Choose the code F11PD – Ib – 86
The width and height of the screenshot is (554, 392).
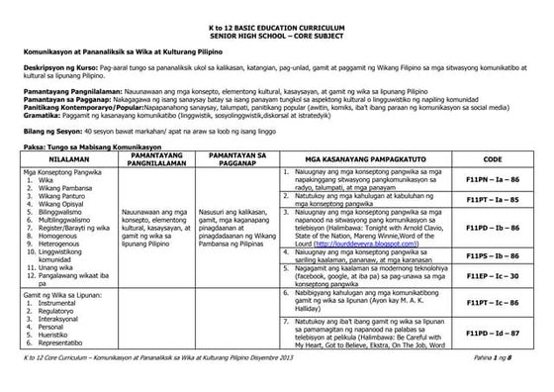click(493, 228)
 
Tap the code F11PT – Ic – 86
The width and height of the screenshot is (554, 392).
click(493, 301)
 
